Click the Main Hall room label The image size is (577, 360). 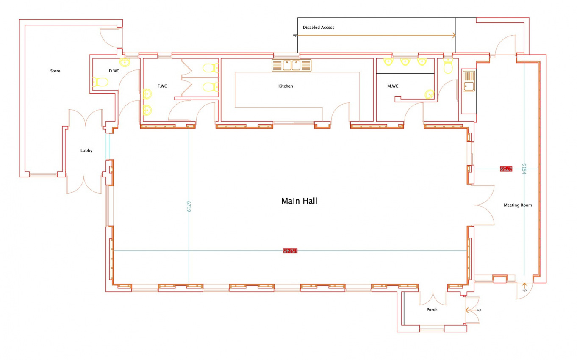tap(299, 201)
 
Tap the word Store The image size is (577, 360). tap(55, 71)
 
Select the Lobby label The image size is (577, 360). tap(86, 150)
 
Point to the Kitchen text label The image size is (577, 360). tap(286, 86)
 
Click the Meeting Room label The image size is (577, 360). tap(517, 205)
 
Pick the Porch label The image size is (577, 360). tap(432, 310)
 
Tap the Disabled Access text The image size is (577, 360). tap(318, 28)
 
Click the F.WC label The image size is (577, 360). tap(162, 86)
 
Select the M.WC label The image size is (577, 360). tap(393, 86)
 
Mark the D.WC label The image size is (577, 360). tap(114, 71)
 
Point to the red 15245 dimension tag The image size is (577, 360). tap(290, 251)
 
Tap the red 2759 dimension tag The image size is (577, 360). tap(506, 169)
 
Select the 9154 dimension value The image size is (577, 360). tap(524, 169)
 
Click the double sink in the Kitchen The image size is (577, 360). tap(291, 65)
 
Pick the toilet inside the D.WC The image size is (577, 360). tap(101, 82)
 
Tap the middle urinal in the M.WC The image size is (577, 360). tap(405, 62)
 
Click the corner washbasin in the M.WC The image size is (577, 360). tap(430, 94)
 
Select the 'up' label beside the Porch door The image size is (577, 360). tap(479, 310)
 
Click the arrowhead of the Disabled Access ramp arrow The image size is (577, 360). tap(454, 36)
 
